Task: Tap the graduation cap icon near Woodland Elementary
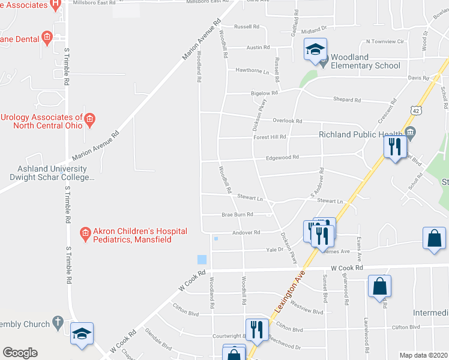[315, 50]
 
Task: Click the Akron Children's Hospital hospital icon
[85, 232]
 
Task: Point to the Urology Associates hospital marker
[89, 118]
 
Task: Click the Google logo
[20, 353]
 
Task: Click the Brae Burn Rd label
[237, 214]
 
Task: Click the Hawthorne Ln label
[252, 71]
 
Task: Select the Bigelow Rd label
[264, 93]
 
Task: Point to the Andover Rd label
[247, 232]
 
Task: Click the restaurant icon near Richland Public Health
[395, 146]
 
